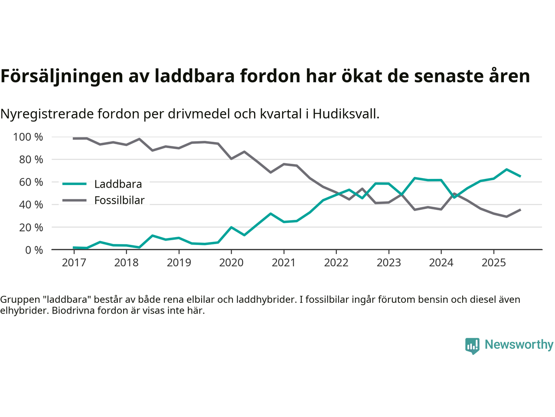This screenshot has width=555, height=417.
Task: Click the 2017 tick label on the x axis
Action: pos(74,263)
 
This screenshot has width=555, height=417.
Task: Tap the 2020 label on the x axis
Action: pos(231,263)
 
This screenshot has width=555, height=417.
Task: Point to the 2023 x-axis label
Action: pos(388,263)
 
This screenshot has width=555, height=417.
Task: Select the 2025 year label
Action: pos(493,263)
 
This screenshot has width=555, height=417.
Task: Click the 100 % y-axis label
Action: pos(28,137)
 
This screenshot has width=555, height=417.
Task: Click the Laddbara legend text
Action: pos(118,184)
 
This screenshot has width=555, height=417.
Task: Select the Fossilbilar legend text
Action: pos(119,200)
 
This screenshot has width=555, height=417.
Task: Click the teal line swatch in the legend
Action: pos(75,184)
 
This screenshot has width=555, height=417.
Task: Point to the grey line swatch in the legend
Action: pos(75,200)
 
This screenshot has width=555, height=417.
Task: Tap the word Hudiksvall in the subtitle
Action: pos(345,114)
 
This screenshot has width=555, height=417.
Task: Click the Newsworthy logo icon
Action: pos(472,346)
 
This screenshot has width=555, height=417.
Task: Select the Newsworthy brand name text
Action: pos(519,344)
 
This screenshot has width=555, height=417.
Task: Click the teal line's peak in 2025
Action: pos(506,169)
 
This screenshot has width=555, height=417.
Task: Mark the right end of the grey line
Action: pos(520,210)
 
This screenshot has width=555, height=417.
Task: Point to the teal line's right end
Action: pos(520,176)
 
